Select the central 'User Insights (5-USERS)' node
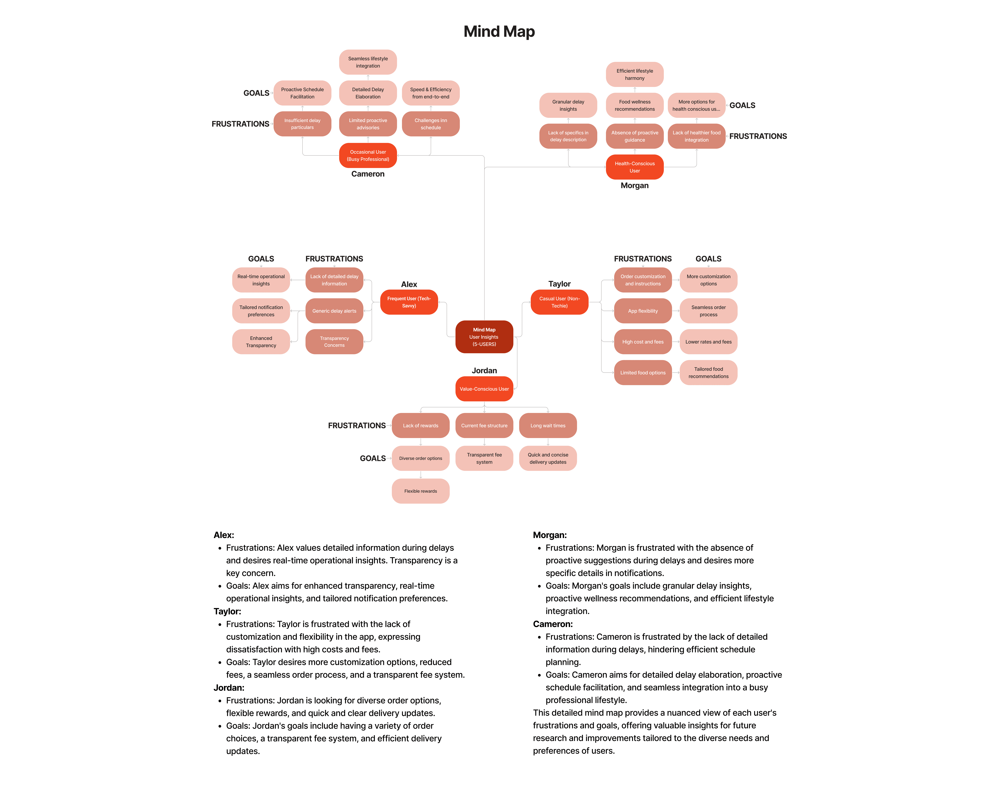click(484, 337)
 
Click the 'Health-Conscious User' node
click(635, 167)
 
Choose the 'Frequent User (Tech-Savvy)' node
click(409, 302)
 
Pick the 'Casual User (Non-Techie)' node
click(559, 302)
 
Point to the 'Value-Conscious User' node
click(484, 389)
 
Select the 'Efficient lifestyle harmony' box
click(635, 74)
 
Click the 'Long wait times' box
click(548, 425)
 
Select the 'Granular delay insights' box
click(568, 105)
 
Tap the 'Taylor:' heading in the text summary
click(227, 611)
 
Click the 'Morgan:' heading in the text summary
click(550, 535)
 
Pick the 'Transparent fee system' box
click(484, 458)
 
